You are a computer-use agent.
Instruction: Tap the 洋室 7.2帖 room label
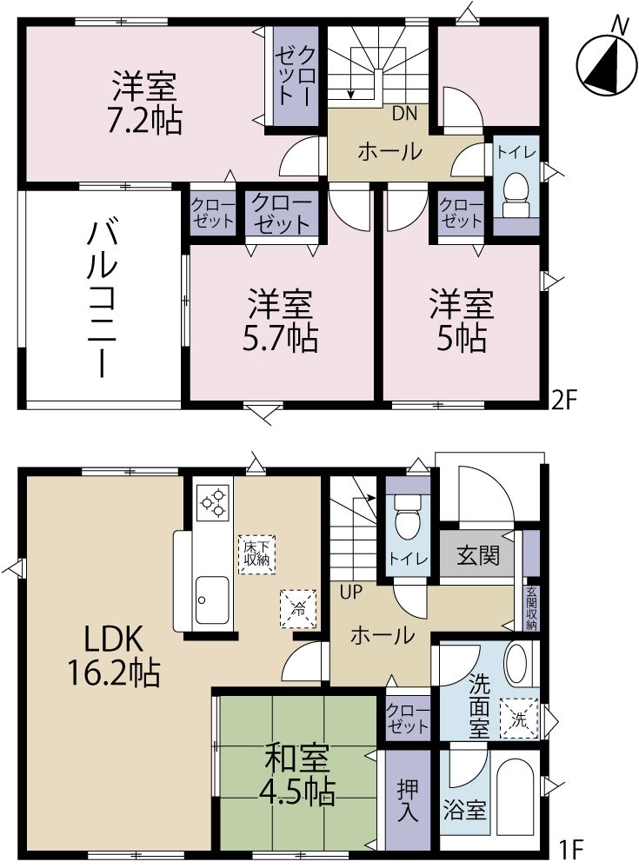(145, 103)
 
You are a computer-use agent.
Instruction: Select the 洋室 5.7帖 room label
(280, 321)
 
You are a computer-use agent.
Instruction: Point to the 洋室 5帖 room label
(461, 321)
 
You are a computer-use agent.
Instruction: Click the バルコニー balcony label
(101, 299)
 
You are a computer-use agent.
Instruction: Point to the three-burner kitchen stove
(213, 501)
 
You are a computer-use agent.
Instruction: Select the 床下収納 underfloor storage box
(256, 553)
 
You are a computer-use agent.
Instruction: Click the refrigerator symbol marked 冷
(293, 606)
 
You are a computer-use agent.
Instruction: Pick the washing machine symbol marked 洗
(519, 719)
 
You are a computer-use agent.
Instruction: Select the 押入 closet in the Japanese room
(408, 800)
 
